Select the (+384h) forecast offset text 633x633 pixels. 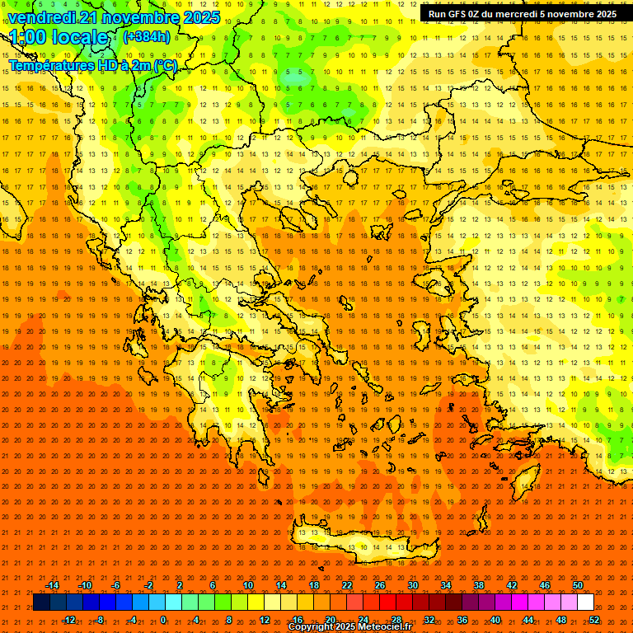[146, 36]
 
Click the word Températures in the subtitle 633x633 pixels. [52, 65]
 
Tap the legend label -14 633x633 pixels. [52, 585]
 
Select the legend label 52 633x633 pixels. [594, 620]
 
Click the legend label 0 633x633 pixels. [164, 620]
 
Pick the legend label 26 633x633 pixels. [379, 585]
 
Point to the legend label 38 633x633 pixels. [478, 585]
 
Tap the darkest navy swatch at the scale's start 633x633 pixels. [41, 603]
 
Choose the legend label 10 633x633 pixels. [248, 585]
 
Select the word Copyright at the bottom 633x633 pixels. [310, 627]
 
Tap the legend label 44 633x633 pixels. [528, 620]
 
